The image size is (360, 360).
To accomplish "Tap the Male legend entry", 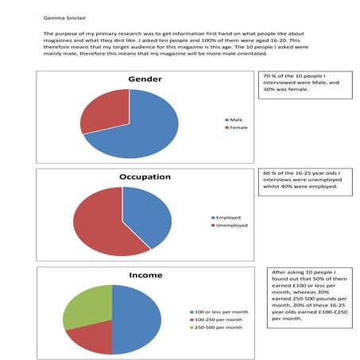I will pos(235,120).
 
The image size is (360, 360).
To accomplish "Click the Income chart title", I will pos(145,275).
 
